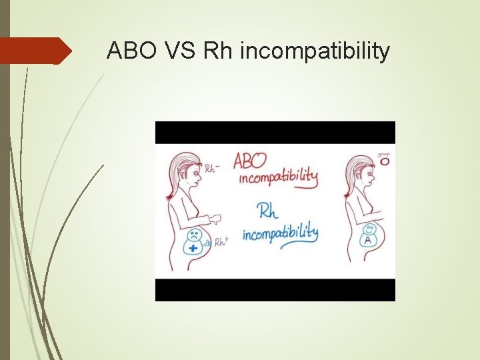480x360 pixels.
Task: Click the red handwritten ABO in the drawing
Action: tap(250, 161)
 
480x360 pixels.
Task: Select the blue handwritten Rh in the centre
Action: tap(267, 212)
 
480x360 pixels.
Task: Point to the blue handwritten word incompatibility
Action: tap(280, 234)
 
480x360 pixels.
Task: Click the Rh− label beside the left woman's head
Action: tap(213, 168)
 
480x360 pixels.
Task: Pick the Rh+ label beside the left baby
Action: tap(221, 241)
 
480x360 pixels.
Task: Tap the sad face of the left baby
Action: tap(194, 235)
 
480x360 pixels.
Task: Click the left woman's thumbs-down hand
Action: tap(215, 219)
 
